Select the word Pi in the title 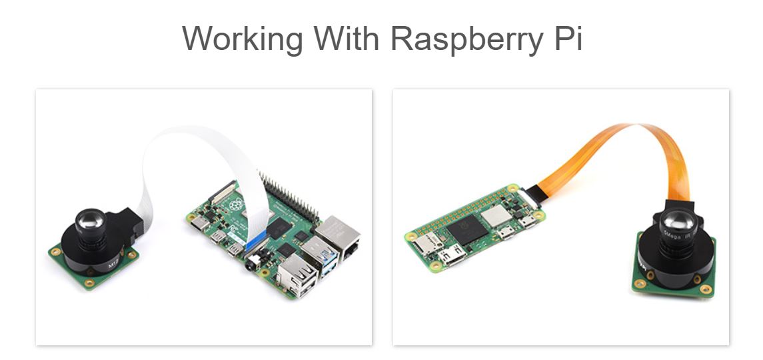pyautogui.click(x=568, y=39)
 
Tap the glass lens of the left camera pyautogui.click(x=89, y=219)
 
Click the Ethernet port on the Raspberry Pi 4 pyautogui.click(x=339, y=234)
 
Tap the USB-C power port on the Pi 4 pyautogui.click(x=198, y=223)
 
